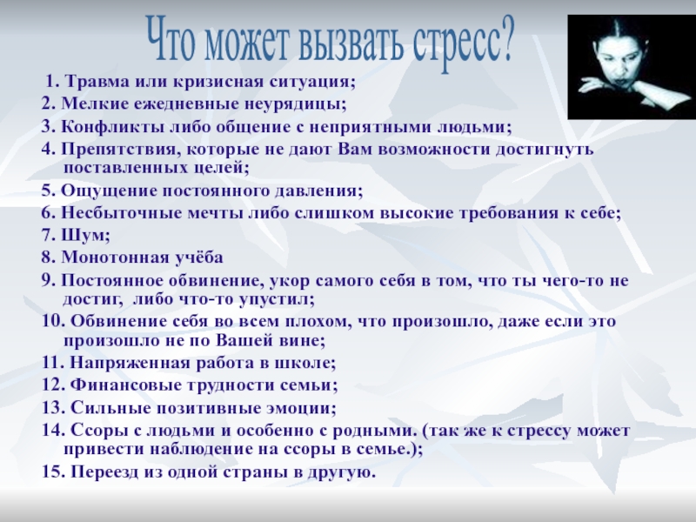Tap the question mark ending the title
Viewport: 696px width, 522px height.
(505, 37)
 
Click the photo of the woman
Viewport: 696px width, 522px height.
(632, 67)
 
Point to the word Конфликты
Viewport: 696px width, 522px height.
(113, 127)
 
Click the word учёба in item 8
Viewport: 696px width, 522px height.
(197, 258)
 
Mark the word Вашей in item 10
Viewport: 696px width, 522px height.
(241, 341)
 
